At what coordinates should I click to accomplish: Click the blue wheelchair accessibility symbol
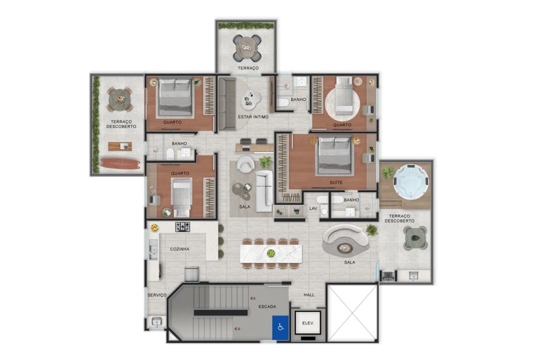pos(280,328)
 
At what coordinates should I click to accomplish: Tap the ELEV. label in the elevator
pos(308,324)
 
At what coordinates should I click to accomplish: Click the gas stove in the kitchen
pos(182,227)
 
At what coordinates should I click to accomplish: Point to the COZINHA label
pos(179,249)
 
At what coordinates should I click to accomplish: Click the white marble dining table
pos(271,254)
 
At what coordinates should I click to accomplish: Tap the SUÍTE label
pos(336,182)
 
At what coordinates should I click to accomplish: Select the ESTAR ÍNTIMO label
pos(253,117)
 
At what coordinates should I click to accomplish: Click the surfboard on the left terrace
pos(120,163)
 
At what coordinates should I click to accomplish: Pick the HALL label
pos(309,295)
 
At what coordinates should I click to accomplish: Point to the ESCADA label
pos(267,306)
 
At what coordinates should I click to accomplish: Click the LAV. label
pos(313,209)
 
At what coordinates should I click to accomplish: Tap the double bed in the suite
pos(335,155)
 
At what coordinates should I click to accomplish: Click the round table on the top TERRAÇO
pos(247,48)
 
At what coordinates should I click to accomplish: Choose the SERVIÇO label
pos(157,295)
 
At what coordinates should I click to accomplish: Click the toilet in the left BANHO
pos(170,154)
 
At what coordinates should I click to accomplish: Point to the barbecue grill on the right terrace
pos(388,275)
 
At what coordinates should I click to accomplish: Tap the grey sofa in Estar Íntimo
pos(227,104)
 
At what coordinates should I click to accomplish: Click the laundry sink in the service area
pos(157,322)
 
